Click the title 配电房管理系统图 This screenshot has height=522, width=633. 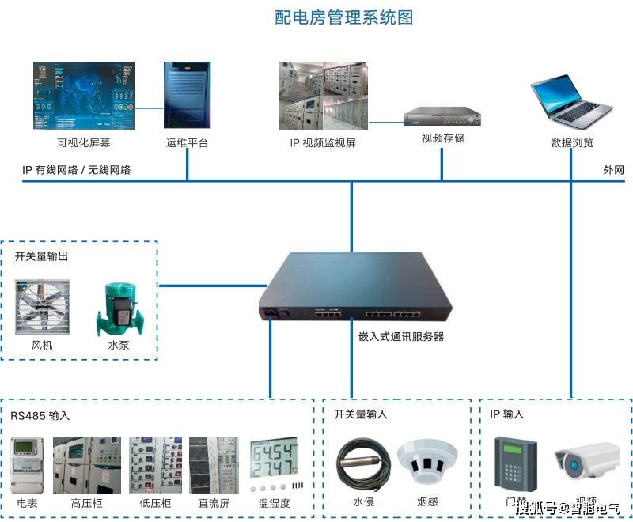(343, 17)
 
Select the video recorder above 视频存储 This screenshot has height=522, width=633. (442, 116)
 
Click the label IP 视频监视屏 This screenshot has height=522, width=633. (323, 143)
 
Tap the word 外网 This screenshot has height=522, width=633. (613, 170)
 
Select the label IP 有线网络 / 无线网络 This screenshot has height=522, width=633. (76, 170)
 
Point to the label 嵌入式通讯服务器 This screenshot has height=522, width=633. (401, 336)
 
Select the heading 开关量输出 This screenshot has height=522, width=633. (41, 256)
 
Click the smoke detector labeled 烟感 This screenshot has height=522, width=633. (426, 463)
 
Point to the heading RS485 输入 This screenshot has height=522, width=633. (40, 414)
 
